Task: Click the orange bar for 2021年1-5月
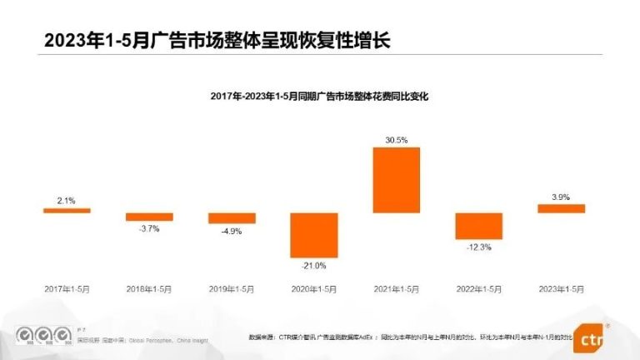(x=396, y=180)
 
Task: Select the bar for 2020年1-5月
(x=314, y=235)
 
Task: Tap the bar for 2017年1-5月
(x=67, y=210)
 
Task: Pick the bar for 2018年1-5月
(x=149, y=217)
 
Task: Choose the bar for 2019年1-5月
(x=232, y=218)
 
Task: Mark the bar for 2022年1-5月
(x=478, y=226)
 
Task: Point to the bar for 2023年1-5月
(x=561, y=208)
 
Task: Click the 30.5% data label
(x=396, y=140)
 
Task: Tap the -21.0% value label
(x=314, y=266)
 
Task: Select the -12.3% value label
(x=478, y=247)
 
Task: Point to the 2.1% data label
(x=67, y=200)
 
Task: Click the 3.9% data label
(x=561, y=197)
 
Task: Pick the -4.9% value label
(x=232, y=232)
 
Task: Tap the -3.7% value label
(x=149, y=228)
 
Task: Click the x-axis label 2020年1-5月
(x=314, y=288)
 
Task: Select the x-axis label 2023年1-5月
(x=561, y=288)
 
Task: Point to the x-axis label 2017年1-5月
(x=67, y=288)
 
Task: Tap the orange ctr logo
(x=591, y=339)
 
